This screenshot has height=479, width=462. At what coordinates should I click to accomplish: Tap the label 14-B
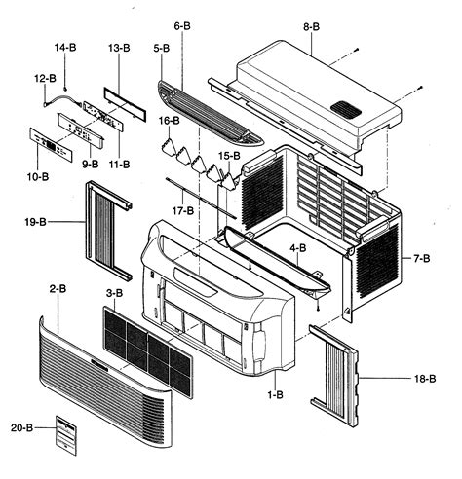click(x=64, y=47)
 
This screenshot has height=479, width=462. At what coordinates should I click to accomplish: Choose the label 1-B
click(x=275, y=395)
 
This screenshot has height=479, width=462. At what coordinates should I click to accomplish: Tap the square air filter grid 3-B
click(x=146, y=341)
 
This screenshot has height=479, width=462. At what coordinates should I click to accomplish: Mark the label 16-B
click(x=169, y=121)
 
